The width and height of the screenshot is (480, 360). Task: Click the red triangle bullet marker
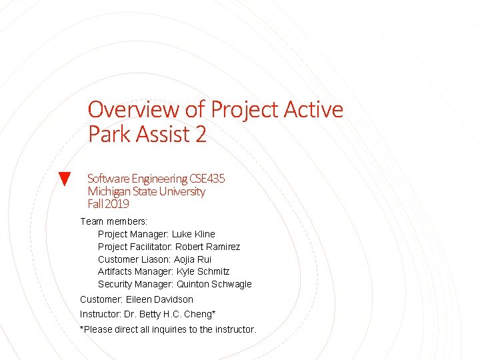[x=65, y=179]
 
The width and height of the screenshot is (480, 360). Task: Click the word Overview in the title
[x=133, y=109]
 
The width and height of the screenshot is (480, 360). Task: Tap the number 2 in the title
[x=201, y=135]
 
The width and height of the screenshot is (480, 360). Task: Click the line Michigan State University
[x=146, y=191]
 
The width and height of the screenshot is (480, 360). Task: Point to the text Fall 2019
[x=108, y=204]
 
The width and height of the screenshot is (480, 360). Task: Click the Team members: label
[x=113, y=221]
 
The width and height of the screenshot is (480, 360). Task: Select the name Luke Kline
[x=193, y=234]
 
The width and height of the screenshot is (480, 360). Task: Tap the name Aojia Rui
[x=193, y=259]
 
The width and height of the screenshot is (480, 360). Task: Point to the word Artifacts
[x=115, y=271]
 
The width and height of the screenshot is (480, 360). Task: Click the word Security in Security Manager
[x=115, y=284]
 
